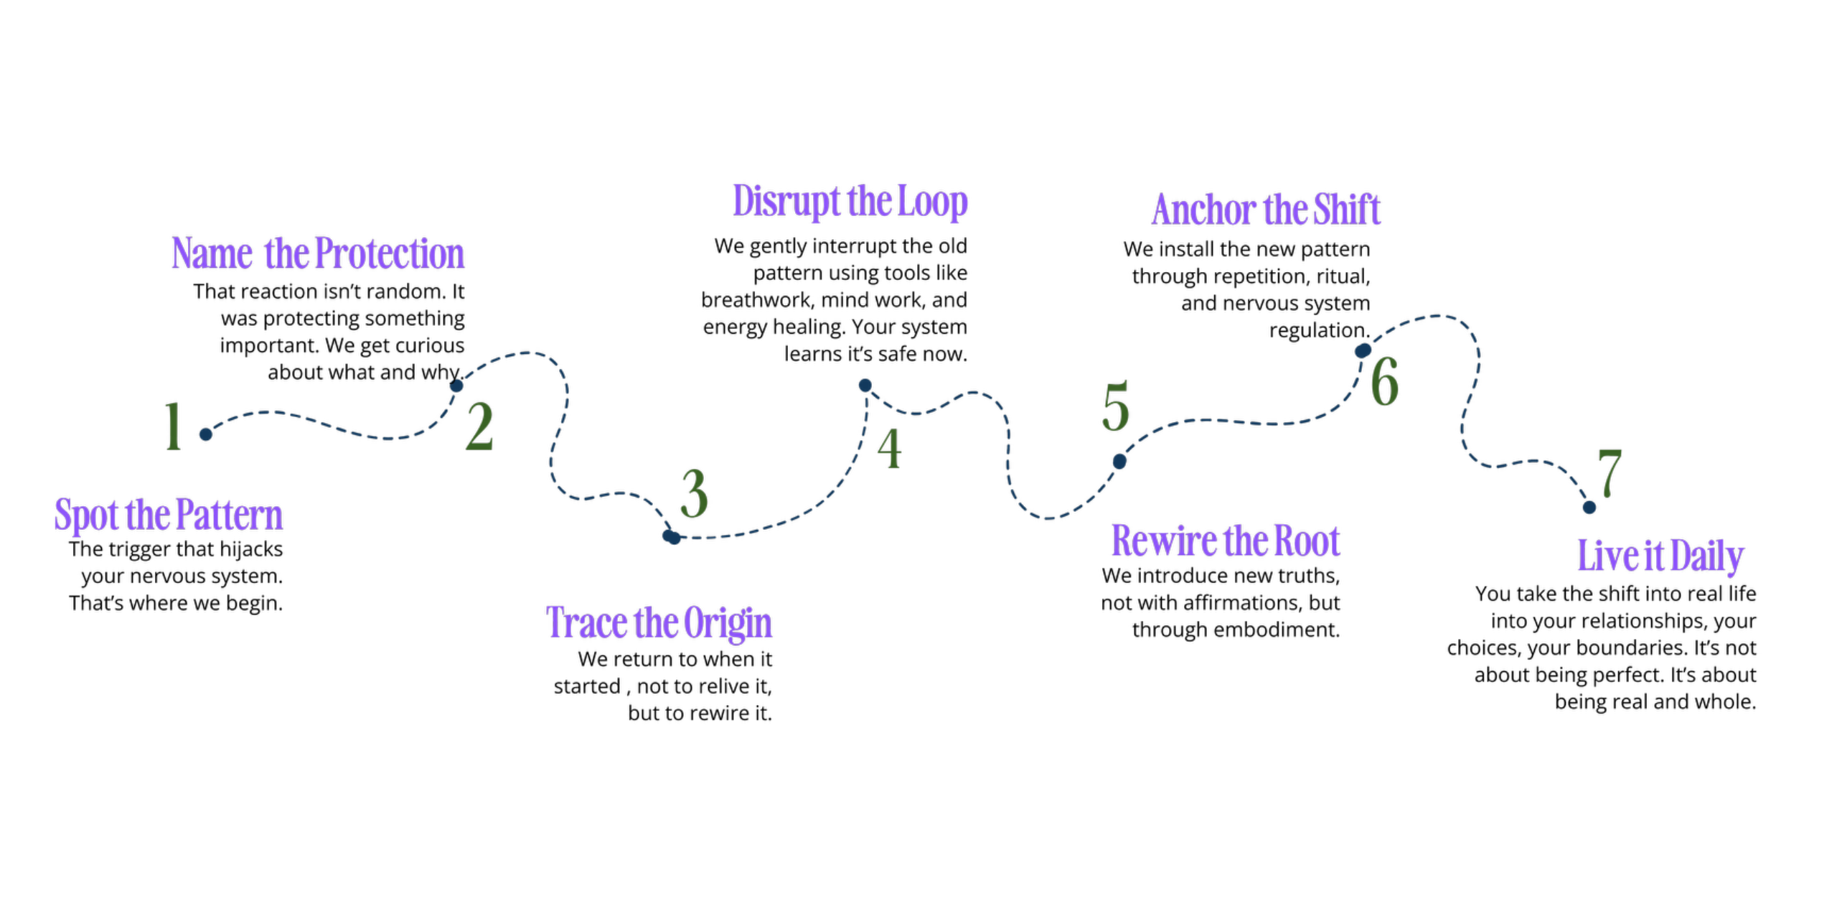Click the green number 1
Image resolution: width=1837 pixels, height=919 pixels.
tap(173, 426)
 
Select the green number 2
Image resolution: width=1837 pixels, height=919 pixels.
tap(479, 426)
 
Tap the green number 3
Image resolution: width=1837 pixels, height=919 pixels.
tap(694, 494)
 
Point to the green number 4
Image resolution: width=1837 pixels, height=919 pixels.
tap(890, 449)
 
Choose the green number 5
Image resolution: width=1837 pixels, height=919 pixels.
tap(1116, 406)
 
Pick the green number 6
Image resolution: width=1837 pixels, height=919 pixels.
tap(1385, 381)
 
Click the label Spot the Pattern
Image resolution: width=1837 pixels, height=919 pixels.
tap(169, 515)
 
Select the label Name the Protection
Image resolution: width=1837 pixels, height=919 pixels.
tap(318, 253)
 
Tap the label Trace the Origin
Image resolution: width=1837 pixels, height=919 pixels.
tap(659, 622)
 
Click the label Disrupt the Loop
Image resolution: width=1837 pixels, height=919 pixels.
tap(850, 201)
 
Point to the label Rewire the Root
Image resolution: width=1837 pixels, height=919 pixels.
tap(1226, 541)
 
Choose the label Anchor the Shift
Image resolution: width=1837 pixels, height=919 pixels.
tap(1267, 210)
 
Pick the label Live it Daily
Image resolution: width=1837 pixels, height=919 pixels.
tap(1660, 556)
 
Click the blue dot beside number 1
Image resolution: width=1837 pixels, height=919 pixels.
tap(206, 434)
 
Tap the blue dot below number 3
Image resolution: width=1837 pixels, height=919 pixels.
tap(671, 536)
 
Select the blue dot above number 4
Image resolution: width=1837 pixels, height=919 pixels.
tap(865, 386)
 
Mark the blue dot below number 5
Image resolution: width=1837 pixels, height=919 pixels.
tap(1119, 462)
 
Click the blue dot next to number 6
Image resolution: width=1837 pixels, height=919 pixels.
tap(1363, 350)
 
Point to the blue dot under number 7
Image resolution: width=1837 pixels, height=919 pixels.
tap(1589, 508)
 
